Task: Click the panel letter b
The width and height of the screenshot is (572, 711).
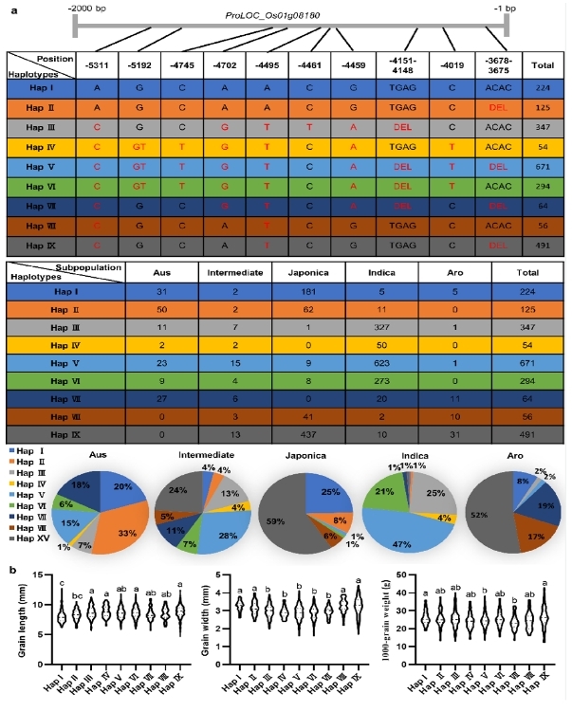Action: pos(10,569)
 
